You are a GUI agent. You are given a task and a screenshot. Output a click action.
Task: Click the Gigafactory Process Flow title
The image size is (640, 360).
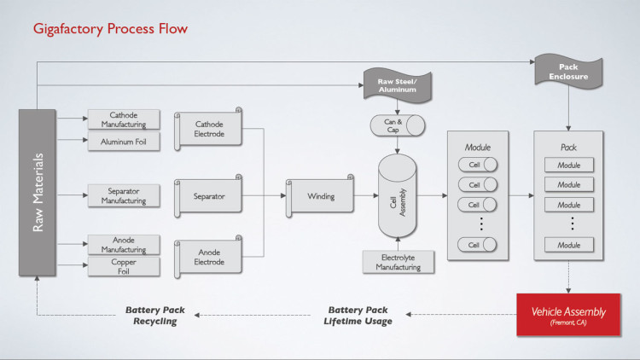pyautogui.click(x=110, y=29)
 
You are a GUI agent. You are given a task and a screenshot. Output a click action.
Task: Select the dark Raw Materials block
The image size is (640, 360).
pyautogui.click(x=38, y=193)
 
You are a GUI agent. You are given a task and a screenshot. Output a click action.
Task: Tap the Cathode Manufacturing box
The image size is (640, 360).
pyautogui.click(x=124, y=119)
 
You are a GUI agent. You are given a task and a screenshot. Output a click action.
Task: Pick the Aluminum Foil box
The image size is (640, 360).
pyautogui.click(x=124, y=142)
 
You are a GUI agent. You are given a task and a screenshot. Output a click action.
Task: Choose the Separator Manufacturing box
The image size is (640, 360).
pyautogui.click(x=124, y=196)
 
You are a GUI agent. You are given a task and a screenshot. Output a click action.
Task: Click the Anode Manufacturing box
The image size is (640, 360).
pyautogui.click(x=124, y=245)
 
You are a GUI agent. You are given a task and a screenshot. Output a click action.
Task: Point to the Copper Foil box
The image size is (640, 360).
pyautogui.click(x=124, y=266)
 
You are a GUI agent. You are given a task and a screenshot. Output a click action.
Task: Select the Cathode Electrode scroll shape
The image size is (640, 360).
pyautogui.click(x=208, y=129)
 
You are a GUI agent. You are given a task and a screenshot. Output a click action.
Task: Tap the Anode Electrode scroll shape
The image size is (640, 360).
pyautogui.click(x=208, y=257)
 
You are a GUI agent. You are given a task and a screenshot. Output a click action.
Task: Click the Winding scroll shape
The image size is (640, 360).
pyautogui.click(x=320, y=196)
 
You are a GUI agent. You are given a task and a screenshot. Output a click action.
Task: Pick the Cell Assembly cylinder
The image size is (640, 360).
pyautogui.click(x=397, y=196)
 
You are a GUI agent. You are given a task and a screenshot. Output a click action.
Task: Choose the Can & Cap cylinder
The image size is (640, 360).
pyautogui.click(x=398, y=125)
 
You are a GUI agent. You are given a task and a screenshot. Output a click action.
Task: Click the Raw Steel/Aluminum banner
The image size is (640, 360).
pyautogui.click(x=397, y=85)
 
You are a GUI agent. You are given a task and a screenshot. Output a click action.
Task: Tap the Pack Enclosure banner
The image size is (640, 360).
pyautogui.click(x=568, y=72)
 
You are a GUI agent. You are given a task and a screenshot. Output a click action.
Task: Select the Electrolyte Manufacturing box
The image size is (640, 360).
pyautogui.click(x=399, y=262)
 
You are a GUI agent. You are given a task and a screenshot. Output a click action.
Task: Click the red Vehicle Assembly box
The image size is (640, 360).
pyautogui.click(x=568, y=315)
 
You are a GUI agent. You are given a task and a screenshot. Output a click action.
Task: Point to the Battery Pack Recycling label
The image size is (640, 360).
pyautogui.click(x=155, y=316)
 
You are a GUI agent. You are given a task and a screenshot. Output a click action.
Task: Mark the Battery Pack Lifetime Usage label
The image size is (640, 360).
pyautogui.click(x=358, y=316)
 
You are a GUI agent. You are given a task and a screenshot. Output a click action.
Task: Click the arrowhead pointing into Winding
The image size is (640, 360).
pyautogui.click(x=283, y=196)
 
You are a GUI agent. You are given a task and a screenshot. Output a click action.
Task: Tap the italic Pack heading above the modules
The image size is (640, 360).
pyautogui.click(x=568, y=148)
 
